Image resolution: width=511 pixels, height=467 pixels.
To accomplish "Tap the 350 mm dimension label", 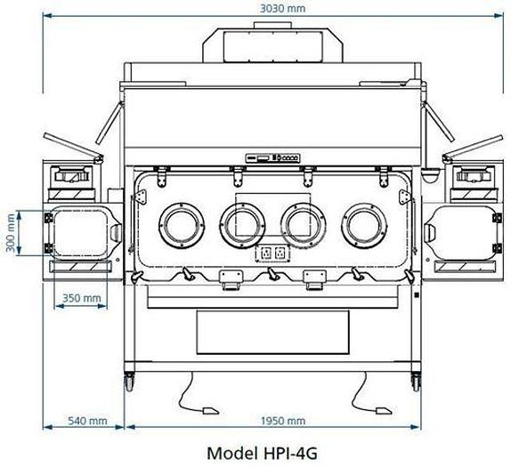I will pyautogui.click(x=82, y=299).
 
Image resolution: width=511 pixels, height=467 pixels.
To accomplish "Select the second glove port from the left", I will pyautogui.click(x=241, y=225).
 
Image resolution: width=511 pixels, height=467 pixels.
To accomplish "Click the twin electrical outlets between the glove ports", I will pyautogui.click(x=272, y=254).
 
